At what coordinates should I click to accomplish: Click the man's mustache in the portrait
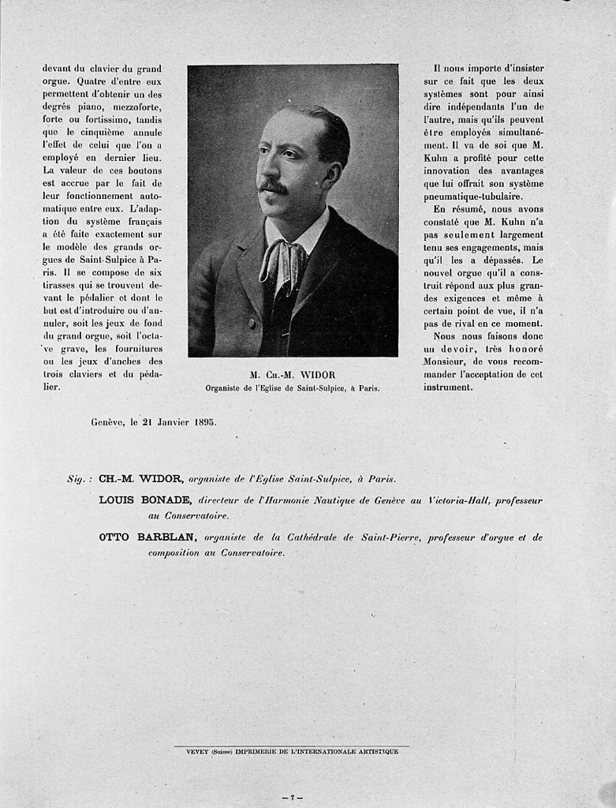tap(273, 186)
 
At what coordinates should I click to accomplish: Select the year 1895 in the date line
tap(205, 421)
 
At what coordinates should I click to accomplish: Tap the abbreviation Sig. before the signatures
tap(80, 479)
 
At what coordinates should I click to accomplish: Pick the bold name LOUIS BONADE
tap(145, 500)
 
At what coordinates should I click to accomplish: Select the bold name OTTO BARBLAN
tap(147, 537)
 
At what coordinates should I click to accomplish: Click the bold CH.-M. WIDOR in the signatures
tap(142, 478)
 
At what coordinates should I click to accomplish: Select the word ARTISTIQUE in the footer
tap(374, 751)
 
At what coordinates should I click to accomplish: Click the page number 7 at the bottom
tap(292, 798)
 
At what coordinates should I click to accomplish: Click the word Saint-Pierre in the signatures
tap(392, 537)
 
